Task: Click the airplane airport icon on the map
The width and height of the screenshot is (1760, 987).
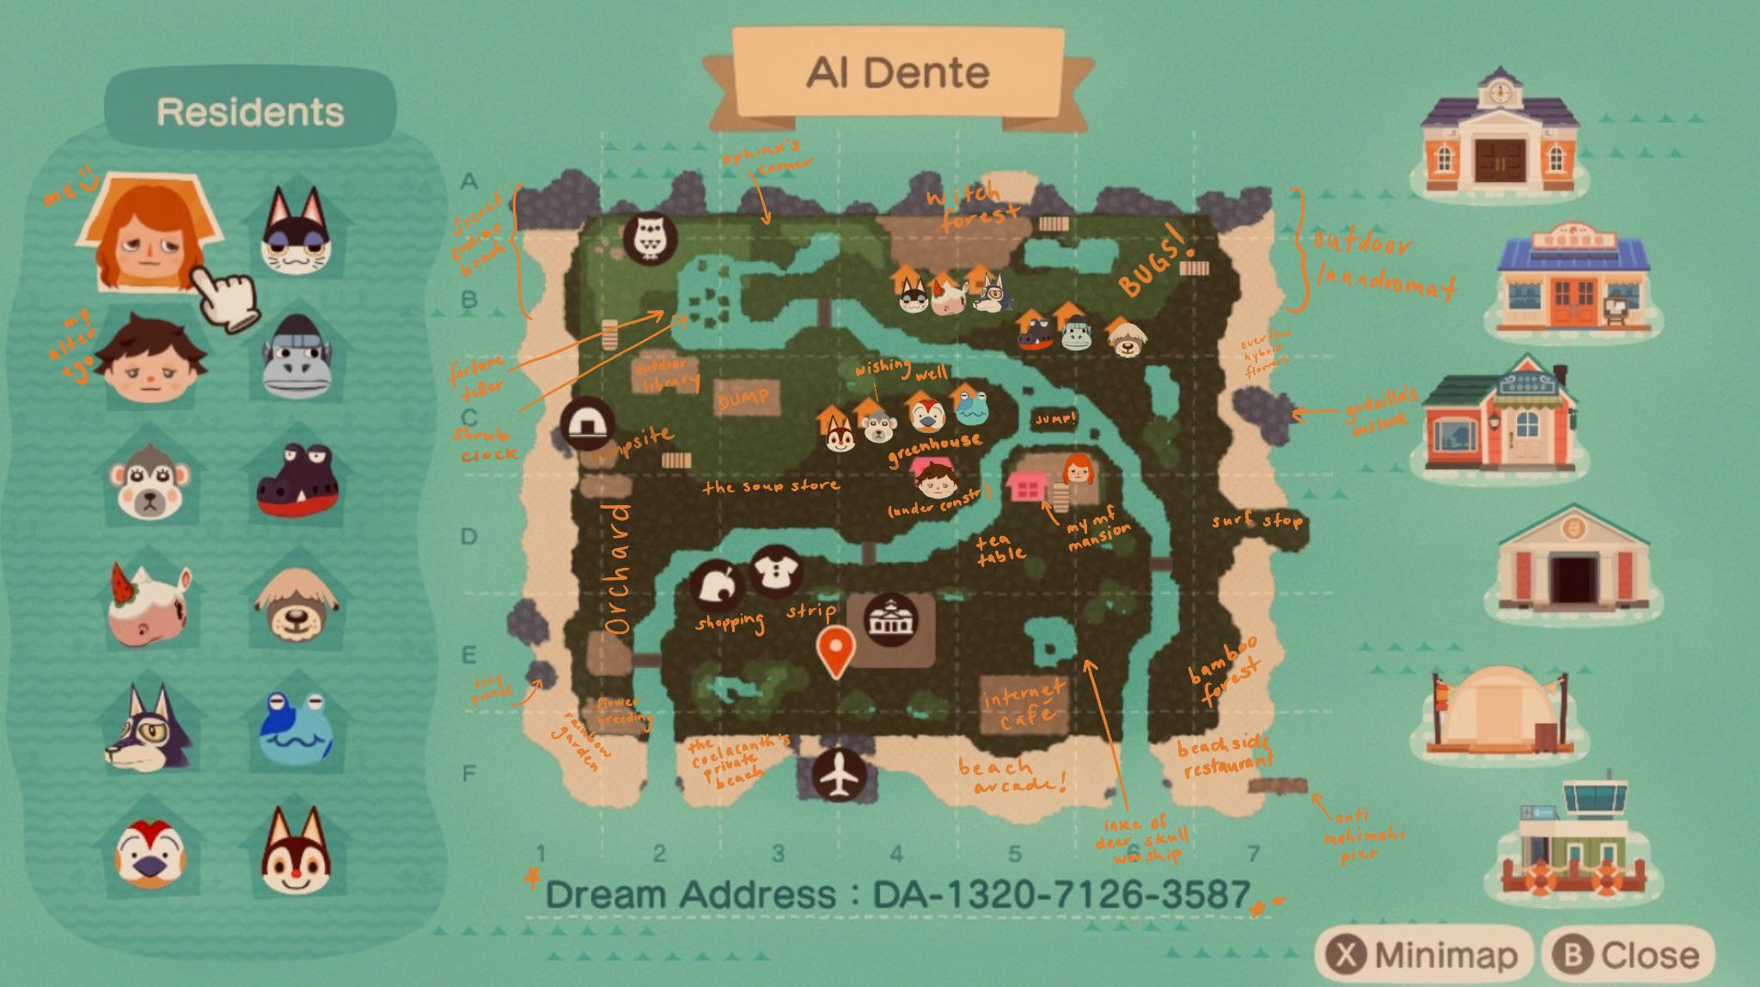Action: pyautogui.click(x=839, y=775)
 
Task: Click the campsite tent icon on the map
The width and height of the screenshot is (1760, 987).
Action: pyautogui.click(x=587, y=424)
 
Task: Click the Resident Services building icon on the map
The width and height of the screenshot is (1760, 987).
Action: pyautogui.click(x=890, y=617)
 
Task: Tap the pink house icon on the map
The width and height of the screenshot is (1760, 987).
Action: pyautogui.click(x=1024, y=487)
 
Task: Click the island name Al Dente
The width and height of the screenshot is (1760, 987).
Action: pyautogui.click(x=898, y=73)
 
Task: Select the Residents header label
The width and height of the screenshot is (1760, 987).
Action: pyautogui.click(x=250, y=112)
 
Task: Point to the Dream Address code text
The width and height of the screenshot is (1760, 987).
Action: pyautogui.click(x=897, y=894)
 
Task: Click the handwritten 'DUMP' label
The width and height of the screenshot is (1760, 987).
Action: pyautogui.click(x=744, y=398)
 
